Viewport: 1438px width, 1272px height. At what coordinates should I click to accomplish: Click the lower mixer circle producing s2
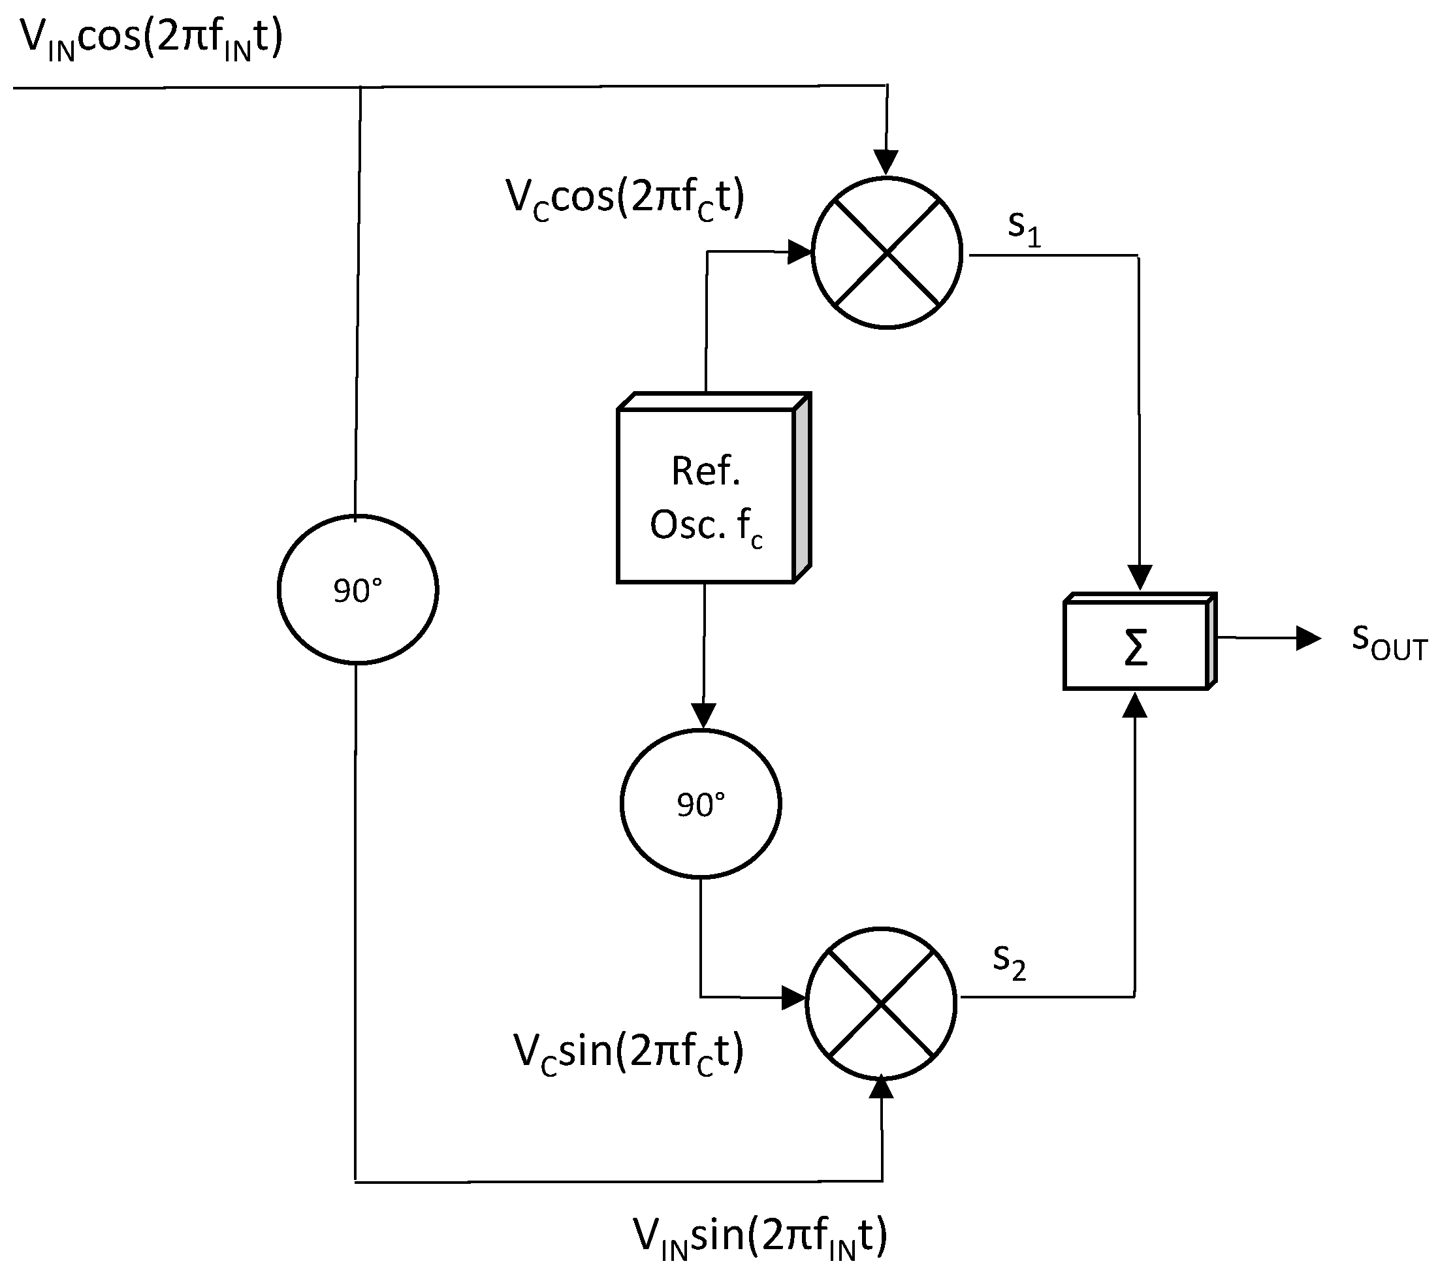[881, 1002]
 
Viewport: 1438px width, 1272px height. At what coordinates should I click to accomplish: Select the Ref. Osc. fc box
[708, 496]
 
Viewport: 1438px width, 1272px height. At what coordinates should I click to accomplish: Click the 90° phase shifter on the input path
[358, 590]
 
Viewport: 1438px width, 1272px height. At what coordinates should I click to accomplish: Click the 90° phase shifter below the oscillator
[701, 803]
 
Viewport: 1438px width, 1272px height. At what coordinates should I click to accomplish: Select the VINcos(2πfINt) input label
[152, 39]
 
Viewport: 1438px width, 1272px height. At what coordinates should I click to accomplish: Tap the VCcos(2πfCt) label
[625, 198]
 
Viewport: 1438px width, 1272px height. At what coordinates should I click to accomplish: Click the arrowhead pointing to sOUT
[1308, 638]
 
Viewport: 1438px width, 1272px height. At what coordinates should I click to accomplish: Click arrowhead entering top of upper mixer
[886, 163]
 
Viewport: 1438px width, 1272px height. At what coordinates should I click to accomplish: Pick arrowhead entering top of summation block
[1140, 577]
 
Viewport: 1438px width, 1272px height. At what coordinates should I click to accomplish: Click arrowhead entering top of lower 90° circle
[703, 715]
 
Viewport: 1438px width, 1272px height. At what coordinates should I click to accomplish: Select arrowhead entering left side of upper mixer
[799, 251]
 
